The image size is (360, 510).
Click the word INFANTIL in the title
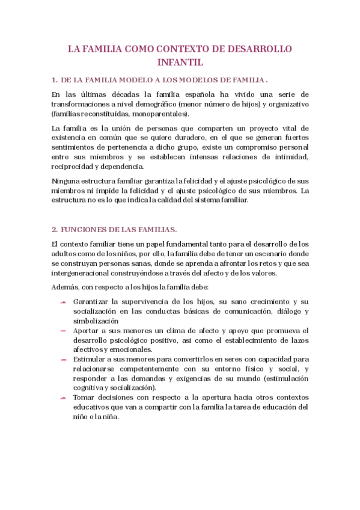pos(180,61)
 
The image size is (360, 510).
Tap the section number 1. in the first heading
pos(55,79)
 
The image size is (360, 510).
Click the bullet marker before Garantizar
pos(63,302)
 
